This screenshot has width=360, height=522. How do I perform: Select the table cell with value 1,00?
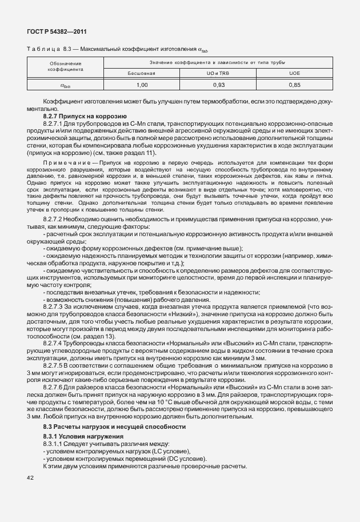(142, 85)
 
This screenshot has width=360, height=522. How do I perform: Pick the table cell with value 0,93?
(218, 85)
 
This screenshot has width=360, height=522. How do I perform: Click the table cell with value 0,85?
(294, 85)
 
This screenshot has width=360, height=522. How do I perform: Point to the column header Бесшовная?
(142, 73)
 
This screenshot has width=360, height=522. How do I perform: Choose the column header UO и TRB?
(218, 73)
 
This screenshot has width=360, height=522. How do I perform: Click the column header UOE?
(294, 73)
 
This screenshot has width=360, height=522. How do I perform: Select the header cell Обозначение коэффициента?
(66, 67)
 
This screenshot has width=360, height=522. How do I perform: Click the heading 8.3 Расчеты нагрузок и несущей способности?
(115, 427)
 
